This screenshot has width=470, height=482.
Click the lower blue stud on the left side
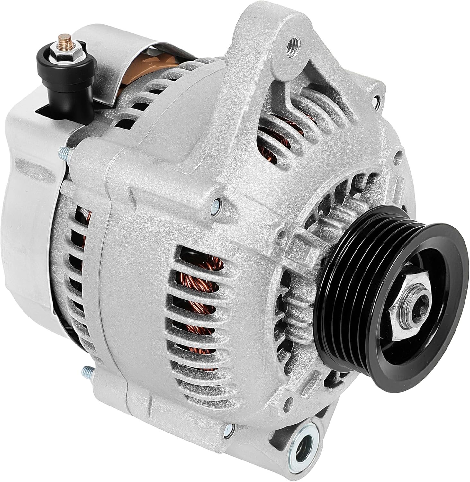point(88,372)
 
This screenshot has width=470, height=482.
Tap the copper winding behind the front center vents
point(196,289)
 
